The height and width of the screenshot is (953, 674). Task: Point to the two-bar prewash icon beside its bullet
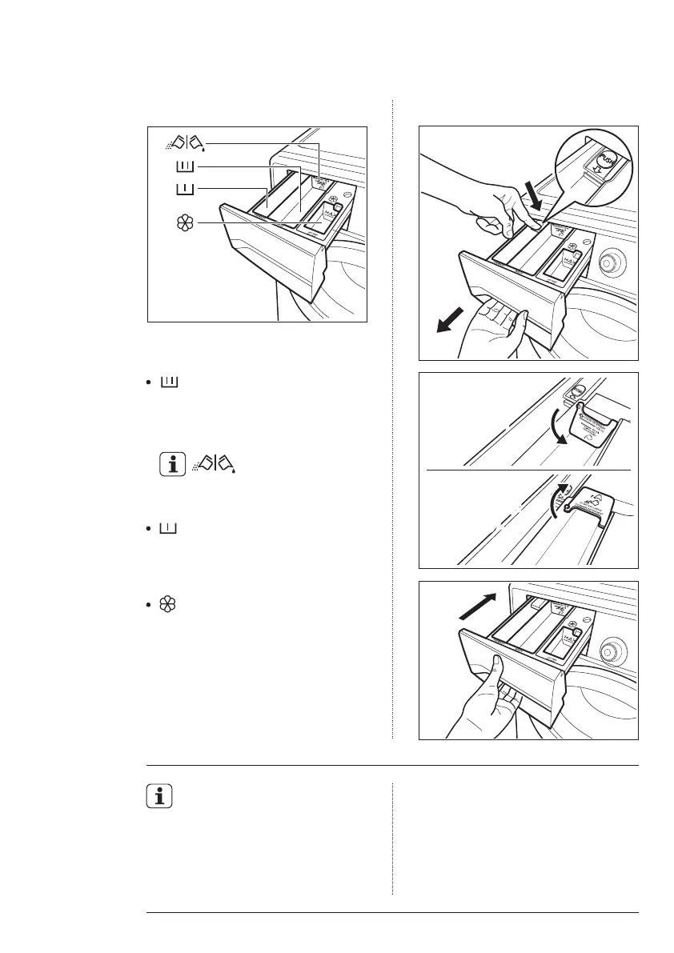click(169, 530)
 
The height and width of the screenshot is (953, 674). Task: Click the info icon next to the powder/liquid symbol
click(169, 464)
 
